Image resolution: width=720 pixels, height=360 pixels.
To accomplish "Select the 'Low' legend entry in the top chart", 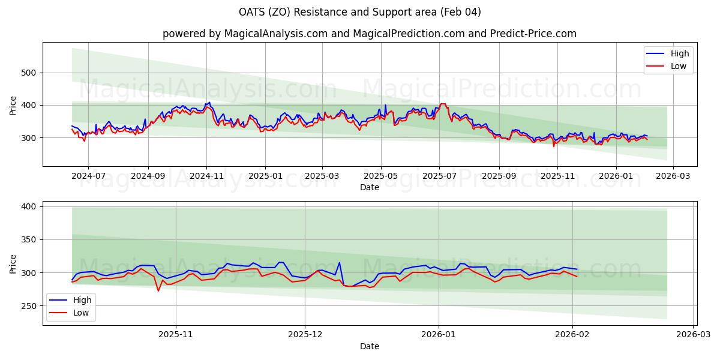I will tap(679, 66).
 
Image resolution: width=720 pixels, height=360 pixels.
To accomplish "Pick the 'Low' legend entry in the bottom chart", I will tap(81, 313).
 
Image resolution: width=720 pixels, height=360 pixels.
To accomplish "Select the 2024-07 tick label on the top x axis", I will tap(88, 176).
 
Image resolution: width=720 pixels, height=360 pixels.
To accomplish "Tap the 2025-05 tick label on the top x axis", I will tap(381, 176).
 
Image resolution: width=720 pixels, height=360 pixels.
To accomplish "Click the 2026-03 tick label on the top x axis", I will tap(673, 176).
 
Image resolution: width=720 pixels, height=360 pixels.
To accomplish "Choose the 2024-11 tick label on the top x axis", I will tap(206, 176).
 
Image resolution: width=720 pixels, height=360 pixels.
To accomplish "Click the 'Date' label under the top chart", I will tap(369, 187).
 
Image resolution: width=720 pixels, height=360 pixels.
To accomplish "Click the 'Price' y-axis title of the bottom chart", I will tap(13, 263).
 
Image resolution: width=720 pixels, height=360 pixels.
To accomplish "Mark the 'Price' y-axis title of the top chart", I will tap(13, 105).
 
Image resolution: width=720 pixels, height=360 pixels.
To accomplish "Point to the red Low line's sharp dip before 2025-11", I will tap(158, 291).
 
